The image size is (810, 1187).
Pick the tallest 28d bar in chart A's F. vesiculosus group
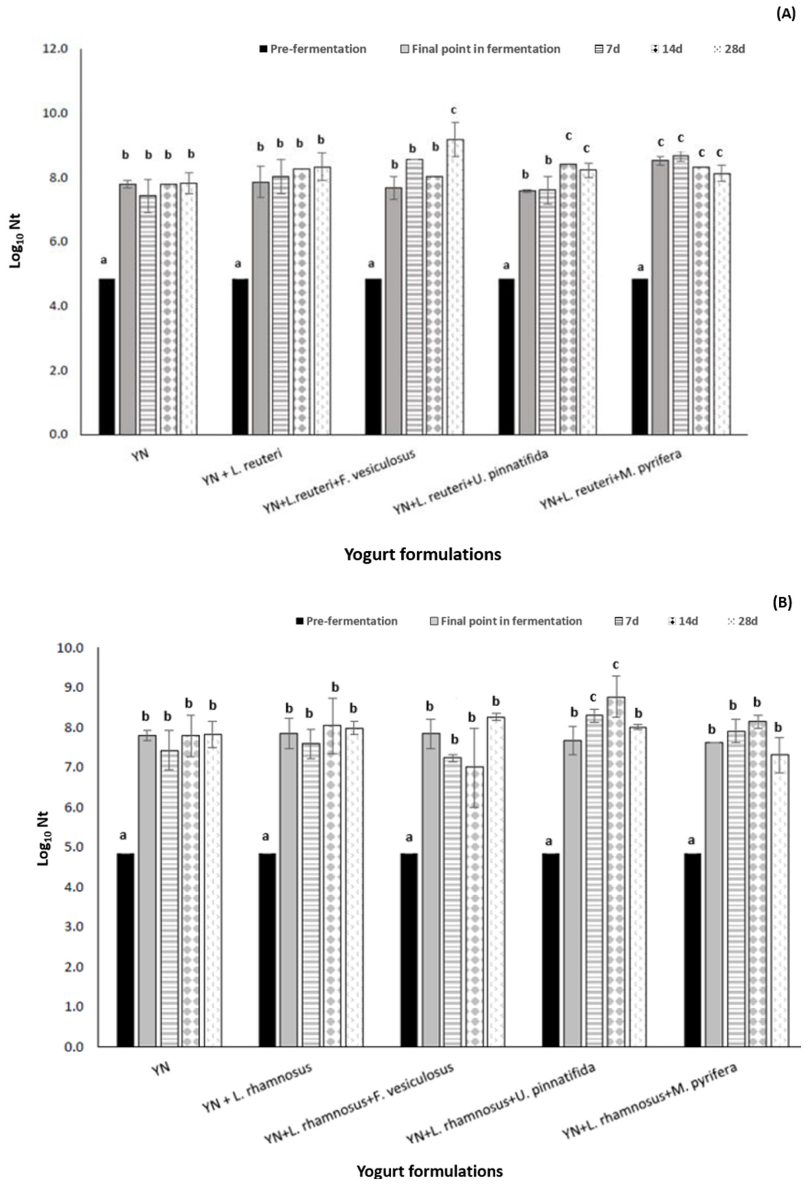pos(454,286)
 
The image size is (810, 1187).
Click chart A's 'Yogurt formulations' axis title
pos(422,554)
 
